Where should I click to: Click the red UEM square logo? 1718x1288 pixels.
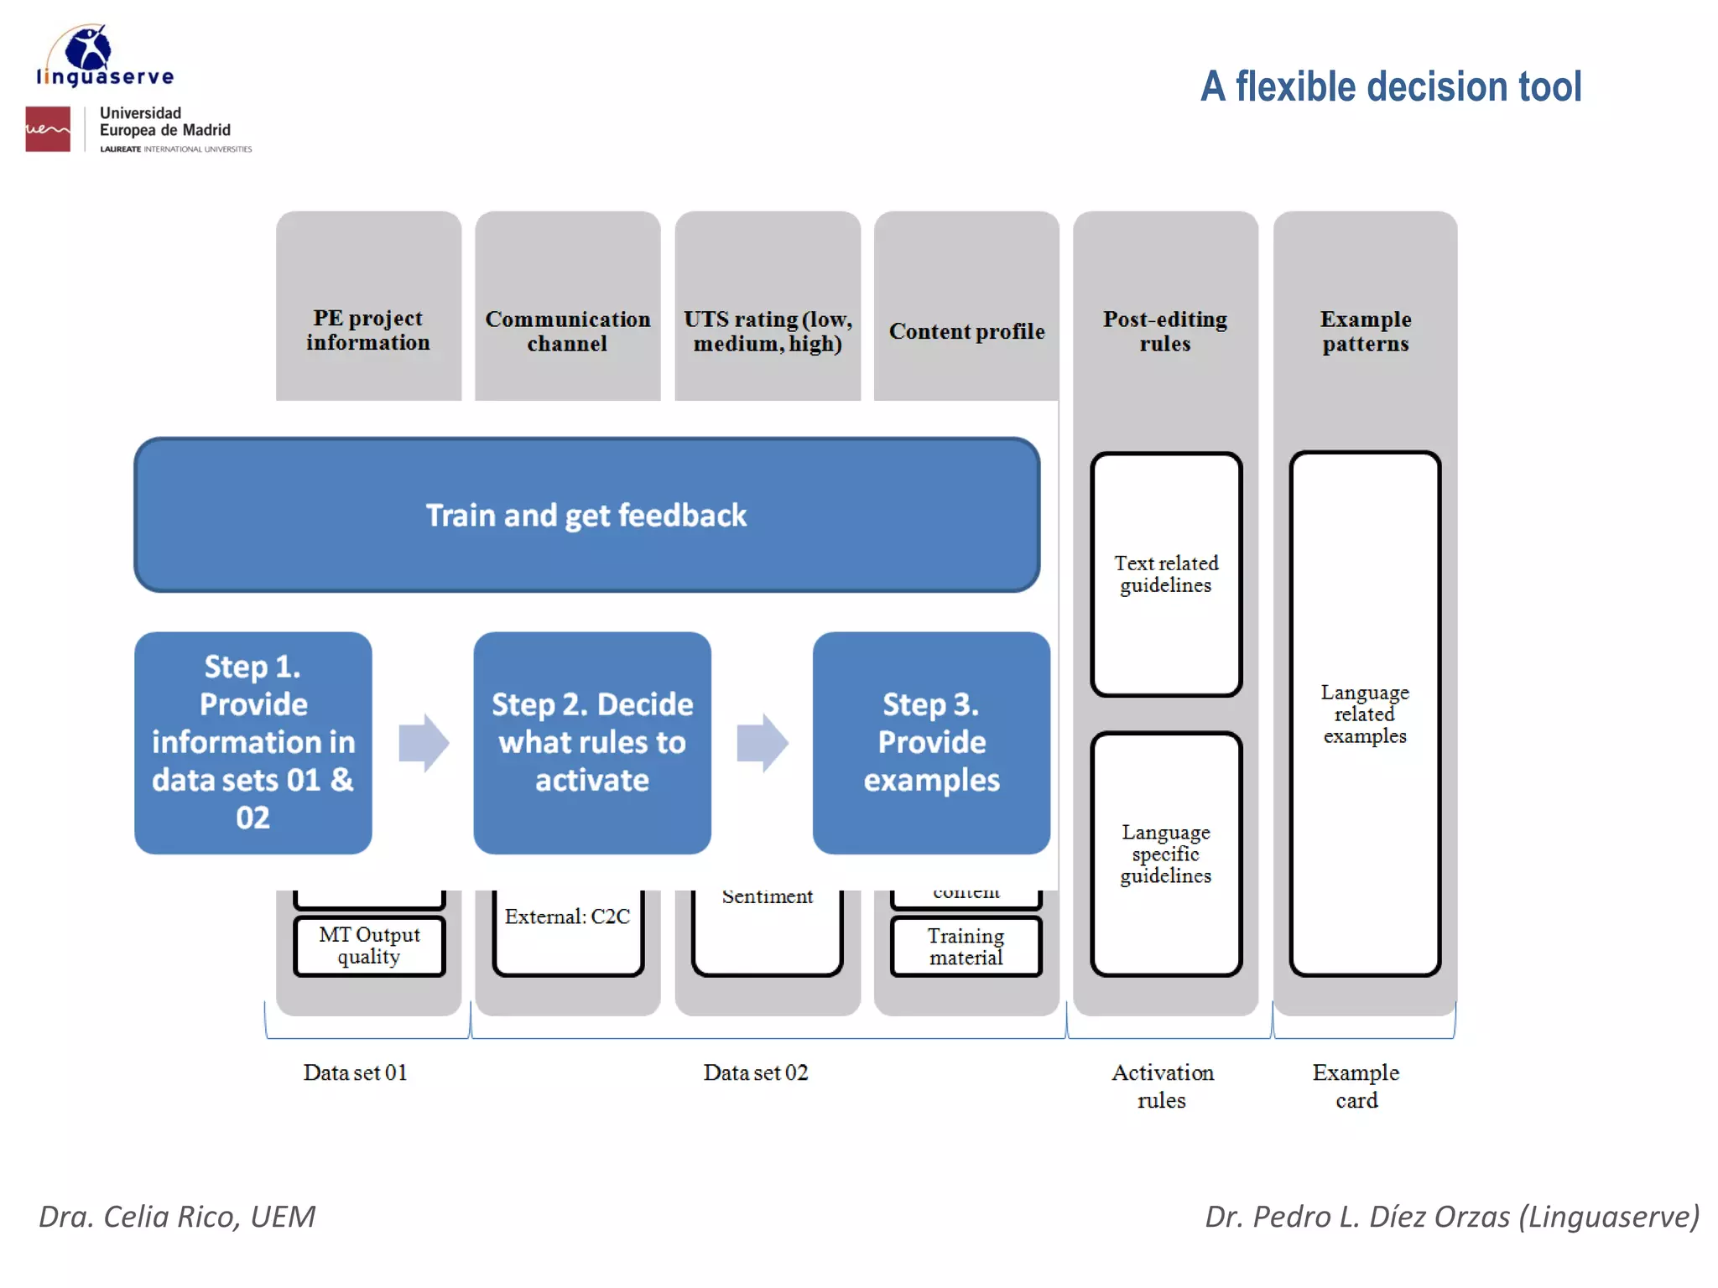tap(48, 129)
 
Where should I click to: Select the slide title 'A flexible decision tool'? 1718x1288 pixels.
tap(1390, 86)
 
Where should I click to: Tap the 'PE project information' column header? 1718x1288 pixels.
tap(368, 330)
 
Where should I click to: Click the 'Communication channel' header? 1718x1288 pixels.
tap(568, 331)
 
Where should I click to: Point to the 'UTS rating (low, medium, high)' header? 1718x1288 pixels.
tap(768, 331)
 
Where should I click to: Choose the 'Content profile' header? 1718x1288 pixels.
tap(966, 331)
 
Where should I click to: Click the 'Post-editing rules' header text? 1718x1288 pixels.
tap(1164, 331)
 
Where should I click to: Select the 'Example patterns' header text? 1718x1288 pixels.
tap(1365, 331)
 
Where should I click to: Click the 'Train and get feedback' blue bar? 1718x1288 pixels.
tap(586, 515)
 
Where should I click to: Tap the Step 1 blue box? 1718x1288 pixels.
tap(252, 742)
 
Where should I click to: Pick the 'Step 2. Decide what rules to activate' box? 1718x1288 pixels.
tap(592, 742)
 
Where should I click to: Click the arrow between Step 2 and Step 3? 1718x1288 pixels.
tap(762, 742)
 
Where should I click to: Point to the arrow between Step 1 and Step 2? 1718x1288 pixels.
tap(424, 742)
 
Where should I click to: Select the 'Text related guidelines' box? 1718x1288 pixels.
tap(1166, 574)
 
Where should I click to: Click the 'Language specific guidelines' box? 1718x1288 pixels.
tap(1166, 854)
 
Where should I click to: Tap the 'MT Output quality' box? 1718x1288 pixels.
tap(369, 946)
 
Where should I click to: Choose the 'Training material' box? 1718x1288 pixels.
tap(966, 947)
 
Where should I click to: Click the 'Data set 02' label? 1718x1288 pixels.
tap(755, 1072)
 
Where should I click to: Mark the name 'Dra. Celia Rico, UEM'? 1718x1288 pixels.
tap(177, 1217)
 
